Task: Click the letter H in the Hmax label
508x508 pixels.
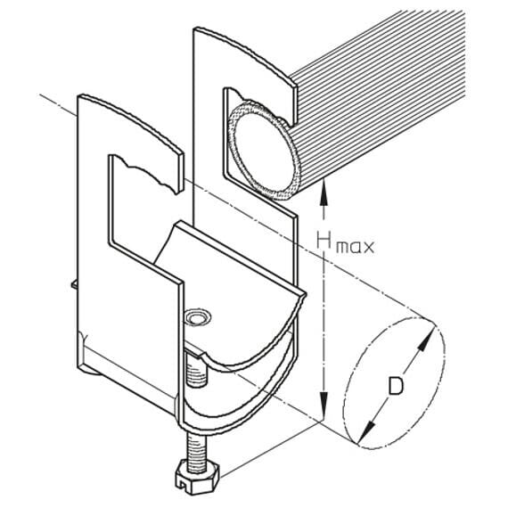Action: tap(324, 241)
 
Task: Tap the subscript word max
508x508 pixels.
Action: tap(355, 248)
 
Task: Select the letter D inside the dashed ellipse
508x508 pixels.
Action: tap(396, 386)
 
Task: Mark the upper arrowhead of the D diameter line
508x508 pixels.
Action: tap(426, 340)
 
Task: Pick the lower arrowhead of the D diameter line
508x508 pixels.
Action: tap(367, 431)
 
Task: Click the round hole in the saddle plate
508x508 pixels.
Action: tap(197, 318)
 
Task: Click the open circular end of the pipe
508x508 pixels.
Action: tap(263, 150)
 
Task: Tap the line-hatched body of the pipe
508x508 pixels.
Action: tap(379, 97)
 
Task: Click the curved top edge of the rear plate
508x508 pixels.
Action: tap(246, 51)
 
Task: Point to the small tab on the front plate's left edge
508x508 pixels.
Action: tap(75, 283)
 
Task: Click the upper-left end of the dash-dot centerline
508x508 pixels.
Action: tap(39, 94)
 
